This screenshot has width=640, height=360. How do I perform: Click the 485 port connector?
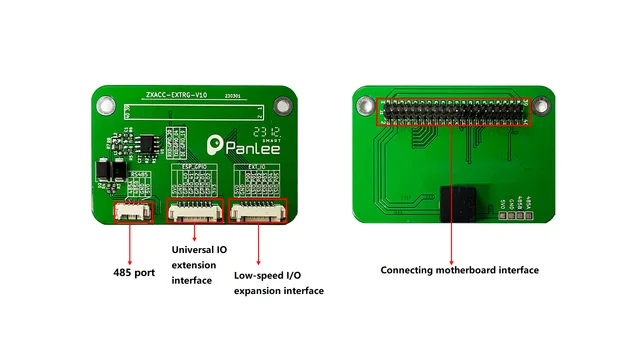pyautogui.click(x=132, y=210)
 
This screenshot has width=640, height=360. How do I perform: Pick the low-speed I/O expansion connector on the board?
pyautogui.click(x=257, y=210)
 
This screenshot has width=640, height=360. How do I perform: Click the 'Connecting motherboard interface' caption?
pyautogui.click(x=459, y=270)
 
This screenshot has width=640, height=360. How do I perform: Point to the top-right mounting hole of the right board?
pyautogui.click(x=542, y=103)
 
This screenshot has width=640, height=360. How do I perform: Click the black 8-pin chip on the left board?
pyautogui.click(x=146, y=145)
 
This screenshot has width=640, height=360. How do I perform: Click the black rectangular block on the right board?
pyautogui.click(x=464, y=204)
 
